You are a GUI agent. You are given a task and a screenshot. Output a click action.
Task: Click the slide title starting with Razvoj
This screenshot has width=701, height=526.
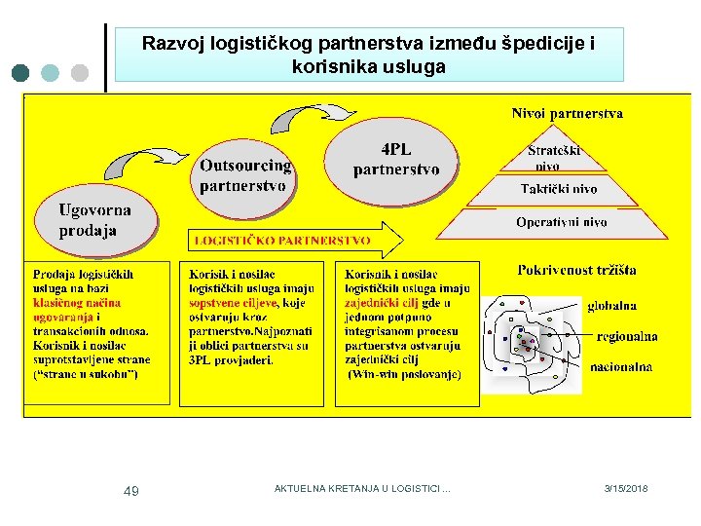(x=368, y=55)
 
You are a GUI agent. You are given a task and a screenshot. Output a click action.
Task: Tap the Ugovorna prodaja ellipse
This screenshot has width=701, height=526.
(x=94, y=221)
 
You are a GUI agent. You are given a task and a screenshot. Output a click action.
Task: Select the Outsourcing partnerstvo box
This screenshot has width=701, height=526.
(x=245, y=176)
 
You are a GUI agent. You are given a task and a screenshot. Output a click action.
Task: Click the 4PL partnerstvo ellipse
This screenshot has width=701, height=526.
(x=395, y=160)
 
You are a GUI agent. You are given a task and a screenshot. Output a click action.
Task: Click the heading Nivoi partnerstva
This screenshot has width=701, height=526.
(x=567, y=113)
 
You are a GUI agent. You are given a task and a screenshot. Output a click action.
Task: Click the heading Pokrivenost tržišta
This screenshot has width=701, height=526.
(x=576, y=270)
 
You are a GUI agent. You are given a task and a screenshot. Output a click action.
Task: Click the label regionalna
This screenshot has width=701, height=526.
(x=626, y=336)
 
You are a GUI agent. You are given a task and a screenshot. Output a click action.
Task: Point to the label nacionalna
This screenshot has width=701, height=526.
(x=621, y=367)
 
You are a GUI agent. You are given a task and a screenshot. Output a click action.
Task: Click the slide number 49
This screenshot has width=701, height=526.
(x=130, y=491)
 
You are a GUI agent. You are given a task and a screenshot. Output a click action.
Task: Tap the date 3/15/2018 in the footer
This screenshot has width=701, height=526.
(x=625, y=489)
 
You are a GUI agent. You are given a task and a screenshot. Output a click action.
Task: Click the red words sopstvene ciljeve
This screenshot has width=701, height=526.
(x=234, y=303)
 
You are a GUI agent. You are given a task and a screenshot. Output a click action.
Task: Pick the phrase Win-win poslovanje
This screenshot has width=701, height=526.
(x=405, y=374)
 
